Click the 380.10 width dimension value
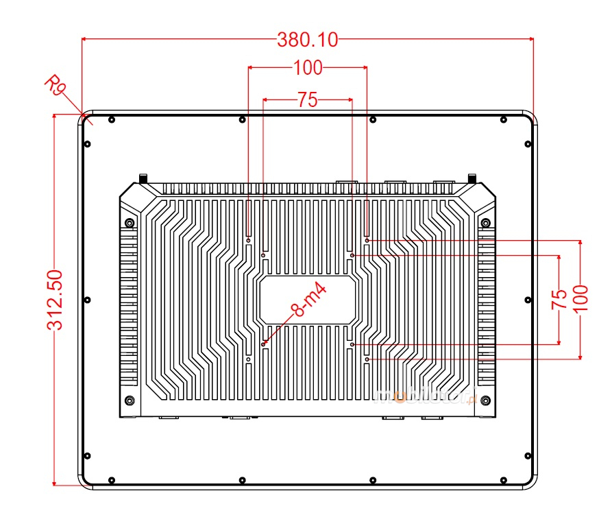[308, 40]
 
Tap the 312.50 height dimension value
[56, 300]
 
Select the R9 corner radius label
[56, 87]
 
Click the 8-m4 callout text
[308, 300]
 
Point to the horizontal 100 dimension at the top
[308, 67]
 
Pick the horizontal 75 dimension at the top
[308, 100]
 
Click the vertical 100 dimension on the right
[580, 298]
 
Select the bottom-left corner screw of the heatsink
[130, 401]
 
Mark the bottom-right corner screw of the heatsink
[486, 401]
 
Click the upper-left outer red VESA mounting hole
[248, 240]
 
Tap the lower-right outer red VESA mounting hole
[367, 359]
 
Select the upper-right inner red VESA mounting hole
[352, 255]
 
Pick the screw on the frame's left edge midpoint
[88, 300]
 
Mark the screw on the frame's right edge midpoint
[528, 300]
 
